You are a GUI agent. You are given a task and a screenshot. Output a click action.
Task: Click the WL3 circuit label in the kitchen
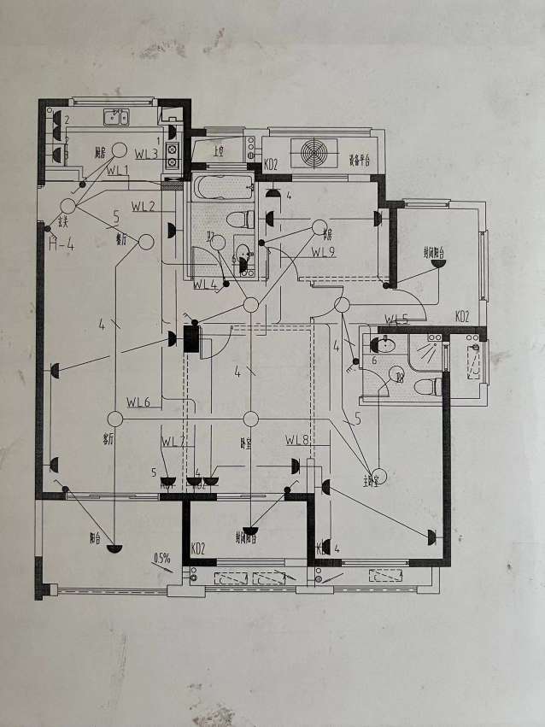[x=146, y=154]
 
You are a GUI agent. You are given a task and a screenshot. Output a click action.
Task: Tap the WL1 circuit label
[x=117, y=171]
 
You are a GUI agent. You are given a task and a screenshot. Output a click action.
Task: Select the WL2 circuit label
[x=143, y=207]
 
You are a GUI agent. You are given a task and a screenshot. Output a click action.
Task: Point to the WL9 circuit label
[x=323, y=251]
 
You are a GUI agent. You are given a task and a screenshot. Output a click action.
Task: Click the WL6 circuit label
[x=138, y=402]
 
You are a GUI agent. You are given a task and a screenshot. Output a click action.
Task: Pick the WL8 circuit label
[x=296, y=440]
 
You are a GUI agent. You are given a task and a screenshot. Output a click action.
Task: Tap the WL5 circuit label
[x=396, y=320]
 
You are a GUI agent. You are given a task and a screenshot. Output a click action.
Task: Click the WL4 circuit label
[x=205, y=284]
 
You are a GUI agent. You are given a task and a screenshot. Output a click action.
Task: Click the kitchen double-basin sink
[x=115, y=117]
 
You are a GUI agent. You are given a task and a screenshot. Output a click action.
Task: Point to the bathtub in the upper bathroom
[x=221, y=186]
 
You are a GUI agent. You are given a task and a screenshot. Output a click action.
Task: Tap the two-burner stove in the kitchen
[x=172, y=154]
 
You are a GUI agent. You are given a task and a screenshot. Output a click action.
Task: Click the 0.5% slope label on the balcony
[x=162, y=560]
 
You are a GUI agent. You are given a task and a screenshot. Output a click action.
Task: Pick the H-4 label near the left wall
[x=62, y=247]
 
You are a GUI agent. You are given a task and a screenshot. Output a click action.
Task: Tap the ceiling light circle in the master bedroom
[x=382, y=475]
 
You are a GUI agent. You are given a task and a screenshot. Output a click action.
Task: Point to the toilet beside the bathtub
[x=238, y=218]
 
